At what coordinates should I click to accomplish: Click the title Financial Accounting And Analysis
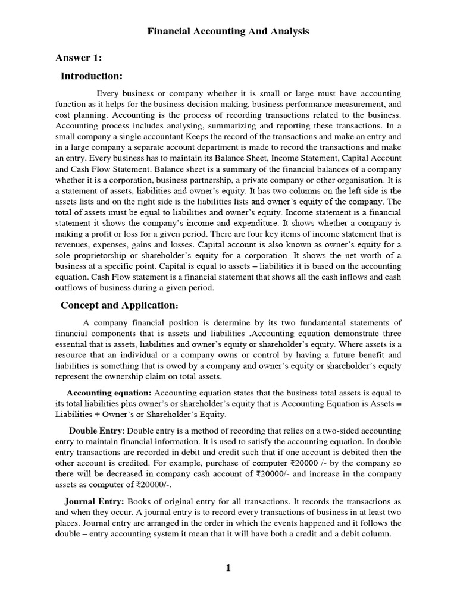pos(228,32)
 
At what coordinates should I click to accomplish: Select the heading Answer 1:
pos(79,58)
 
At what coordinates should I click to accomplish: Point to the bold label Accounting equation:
pos(109,393)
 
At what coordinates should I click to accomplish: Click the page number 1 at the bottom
pos(228,568)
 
